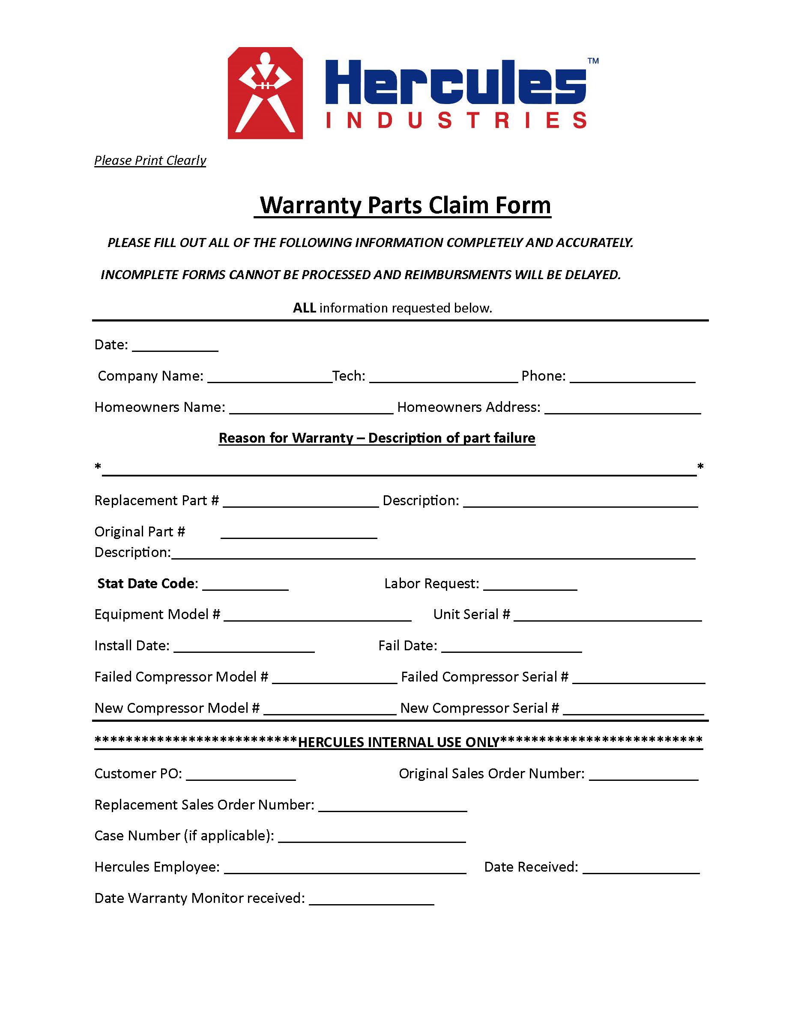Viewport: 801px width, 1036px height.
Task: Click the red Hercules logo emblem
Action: point(265,93)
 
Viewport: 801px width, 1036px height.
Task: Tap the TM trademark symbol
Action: point(593,61)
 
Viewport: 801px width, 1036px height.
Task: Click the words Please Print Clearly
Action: point(150,161)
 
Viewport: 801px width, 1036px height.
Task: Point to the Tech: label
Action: point(349,376)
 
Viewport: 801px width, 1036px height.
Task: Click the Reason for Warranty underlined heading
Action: point(377,438)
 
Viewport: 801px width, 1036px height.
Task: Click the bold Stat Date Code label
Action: point(147,583)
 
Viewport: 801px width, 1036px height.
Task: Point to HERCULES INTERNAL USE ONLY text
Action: point(399,742)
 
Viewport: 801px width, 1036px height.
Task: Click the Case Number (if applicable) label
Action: point(184,835)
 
